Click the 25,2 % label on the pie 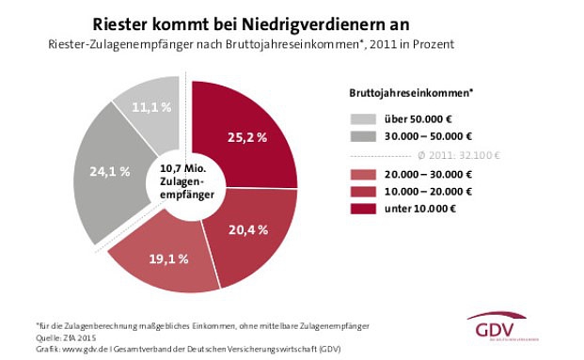point(247,137)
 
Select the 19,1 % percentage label point(170,257)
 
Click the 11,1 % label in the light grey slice point(150,108)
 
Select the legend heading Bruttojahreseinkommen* point(404,93)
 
